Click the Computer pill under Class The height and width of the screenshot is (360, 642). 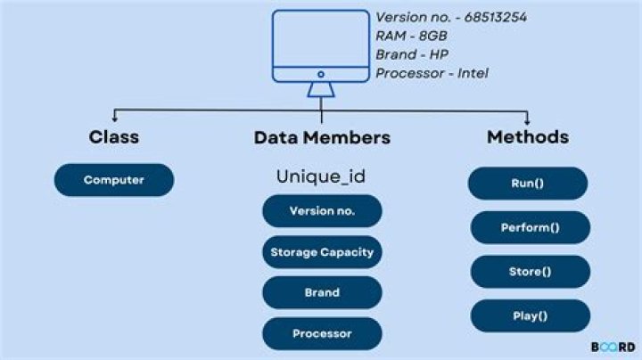point(114,180)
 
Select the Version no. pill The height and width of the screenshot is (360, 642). point(322,211)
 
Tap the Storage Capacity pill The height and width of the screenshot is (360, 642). point(322,252)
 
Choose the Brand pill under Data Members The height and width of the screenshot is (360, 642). point(322,292)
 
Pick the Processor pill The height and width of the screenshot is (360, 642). point(322,333)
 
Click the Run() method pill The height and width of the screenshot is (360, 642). point(528,184)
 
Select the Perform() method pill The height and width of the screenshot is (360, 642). point(530,227)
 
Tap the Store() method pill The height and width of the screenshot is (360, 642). point(530,272)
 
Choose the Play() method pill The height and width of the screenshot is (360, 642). point(530,315)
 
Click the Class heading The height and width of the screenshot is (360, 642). point(114,138)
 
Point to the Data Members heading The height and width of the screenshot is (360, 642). point(322,138)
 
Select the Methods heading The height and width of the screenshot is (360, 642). point(528,137)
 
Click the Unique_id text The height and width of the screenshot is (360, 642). point(322,176)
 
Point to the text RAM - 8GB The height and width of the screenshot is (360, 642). point(411,36)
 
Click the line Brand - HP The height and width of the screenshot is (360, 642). point(412,54)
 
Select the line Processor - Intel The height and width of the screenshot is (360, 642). point(432,73)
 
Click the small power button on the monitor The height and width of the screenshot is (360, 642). point(320,74)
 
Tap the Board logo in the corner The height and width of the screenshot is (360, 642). point(613,346)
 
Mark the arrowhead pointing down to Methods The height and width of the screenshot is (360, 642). point(528,121)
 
